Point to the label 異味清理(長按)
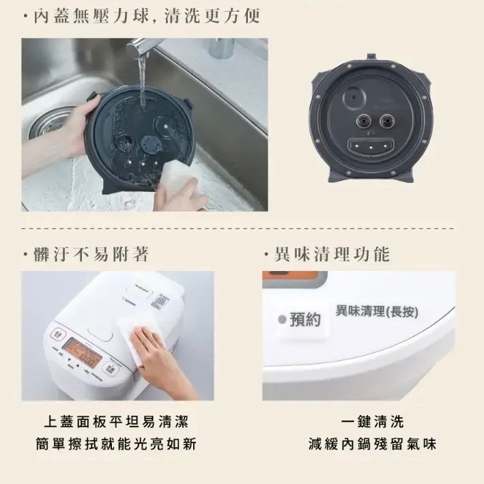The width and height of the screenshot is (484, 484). coord(377,312)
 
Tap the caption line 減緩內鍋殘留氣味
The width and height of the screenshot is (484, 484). coord(372,444)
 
